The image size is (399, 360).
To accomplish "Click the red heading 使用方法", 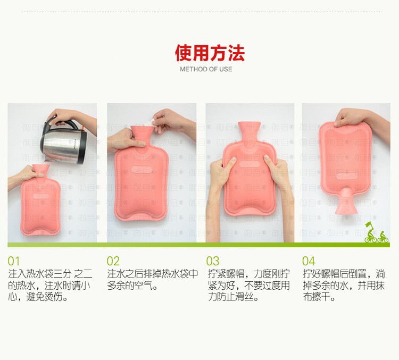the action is click(210, 53).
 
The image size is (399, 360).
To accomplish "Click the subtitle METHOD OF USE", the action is click(206, 69).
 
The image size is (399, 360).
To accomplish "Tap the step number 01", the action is click(13, 261).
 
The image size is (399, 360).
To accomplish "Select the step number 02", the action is click(113, 261).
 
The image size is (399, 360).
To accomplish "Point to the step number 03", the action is click(212, 261).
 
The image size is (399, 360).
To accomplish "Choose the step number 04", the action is click(309, 261).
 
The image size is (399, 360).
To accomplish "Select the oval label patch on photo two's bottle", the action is click(142, 169).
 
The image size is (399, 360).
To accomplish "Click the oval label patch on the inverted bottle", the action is click(346, 175).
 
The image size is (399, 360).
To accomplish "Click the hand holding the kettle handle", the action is click(69, 118).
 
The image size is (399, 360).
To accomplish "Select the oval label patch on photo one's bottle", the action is click(41, 196).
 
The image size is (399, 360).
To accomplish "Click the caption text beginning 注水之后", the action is click(152, 280).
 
